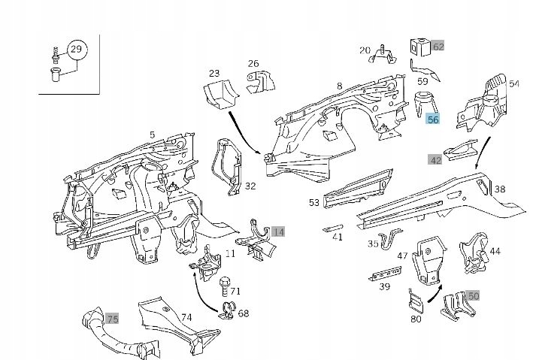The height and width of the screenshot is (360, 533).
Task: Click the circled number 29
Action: pyautogui.click(x=76, y=50)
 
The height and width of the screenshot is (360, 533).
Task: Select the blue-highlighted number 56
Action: pyautogui.click(x=433, y=119)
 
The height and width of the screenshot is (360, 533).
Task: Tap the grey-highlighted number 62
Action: pyautogui.click(x=438, y=47)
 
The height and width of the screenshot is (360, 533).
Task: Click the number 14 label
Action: pyautogui.click(x=279, y=231)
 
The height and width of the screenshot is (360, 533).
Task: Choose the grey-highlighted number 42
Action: pyautogui.click(x=435, y=160)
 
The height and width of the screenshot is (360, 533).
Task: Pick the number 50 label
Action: pyautogui.click(x=473, y=297)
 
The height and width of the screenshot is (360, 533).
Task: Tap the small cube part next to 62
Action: pyautogui.click(x=418, y=46)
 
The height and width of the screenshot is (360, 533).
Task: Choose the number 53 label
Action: pyautogui.click(x=313, y=202)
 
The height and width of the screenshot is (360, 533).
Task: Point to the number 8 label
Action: pyautogui.click(x=340, y=86)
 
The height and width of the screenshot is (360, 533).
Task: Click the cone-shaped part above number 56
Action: pyautogui.click(x=425, y=101)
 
